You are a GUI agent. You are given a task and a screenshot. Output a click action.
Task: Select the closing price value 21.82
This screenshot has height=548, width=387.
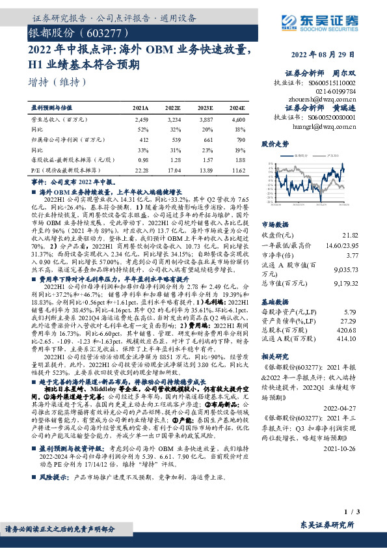tap(349, 234)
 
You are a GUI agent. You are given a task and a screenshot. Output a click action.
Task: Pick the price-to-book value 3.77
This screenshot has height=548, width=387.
tap(351, 256)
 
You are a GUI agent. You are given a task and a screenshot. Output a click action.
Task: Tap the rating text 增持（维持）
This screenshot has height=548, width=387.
tap(59, 82)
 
